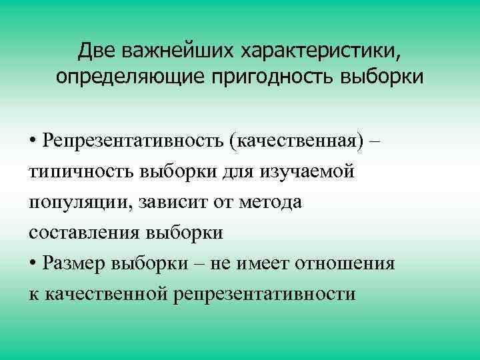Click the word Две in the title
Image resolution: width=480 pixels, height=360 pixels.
point(94,51)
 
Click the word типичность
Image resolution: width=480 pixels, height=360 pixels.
point(80,172)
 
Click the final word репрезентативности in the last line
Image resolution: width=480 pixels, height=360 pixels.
point(265,293)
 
